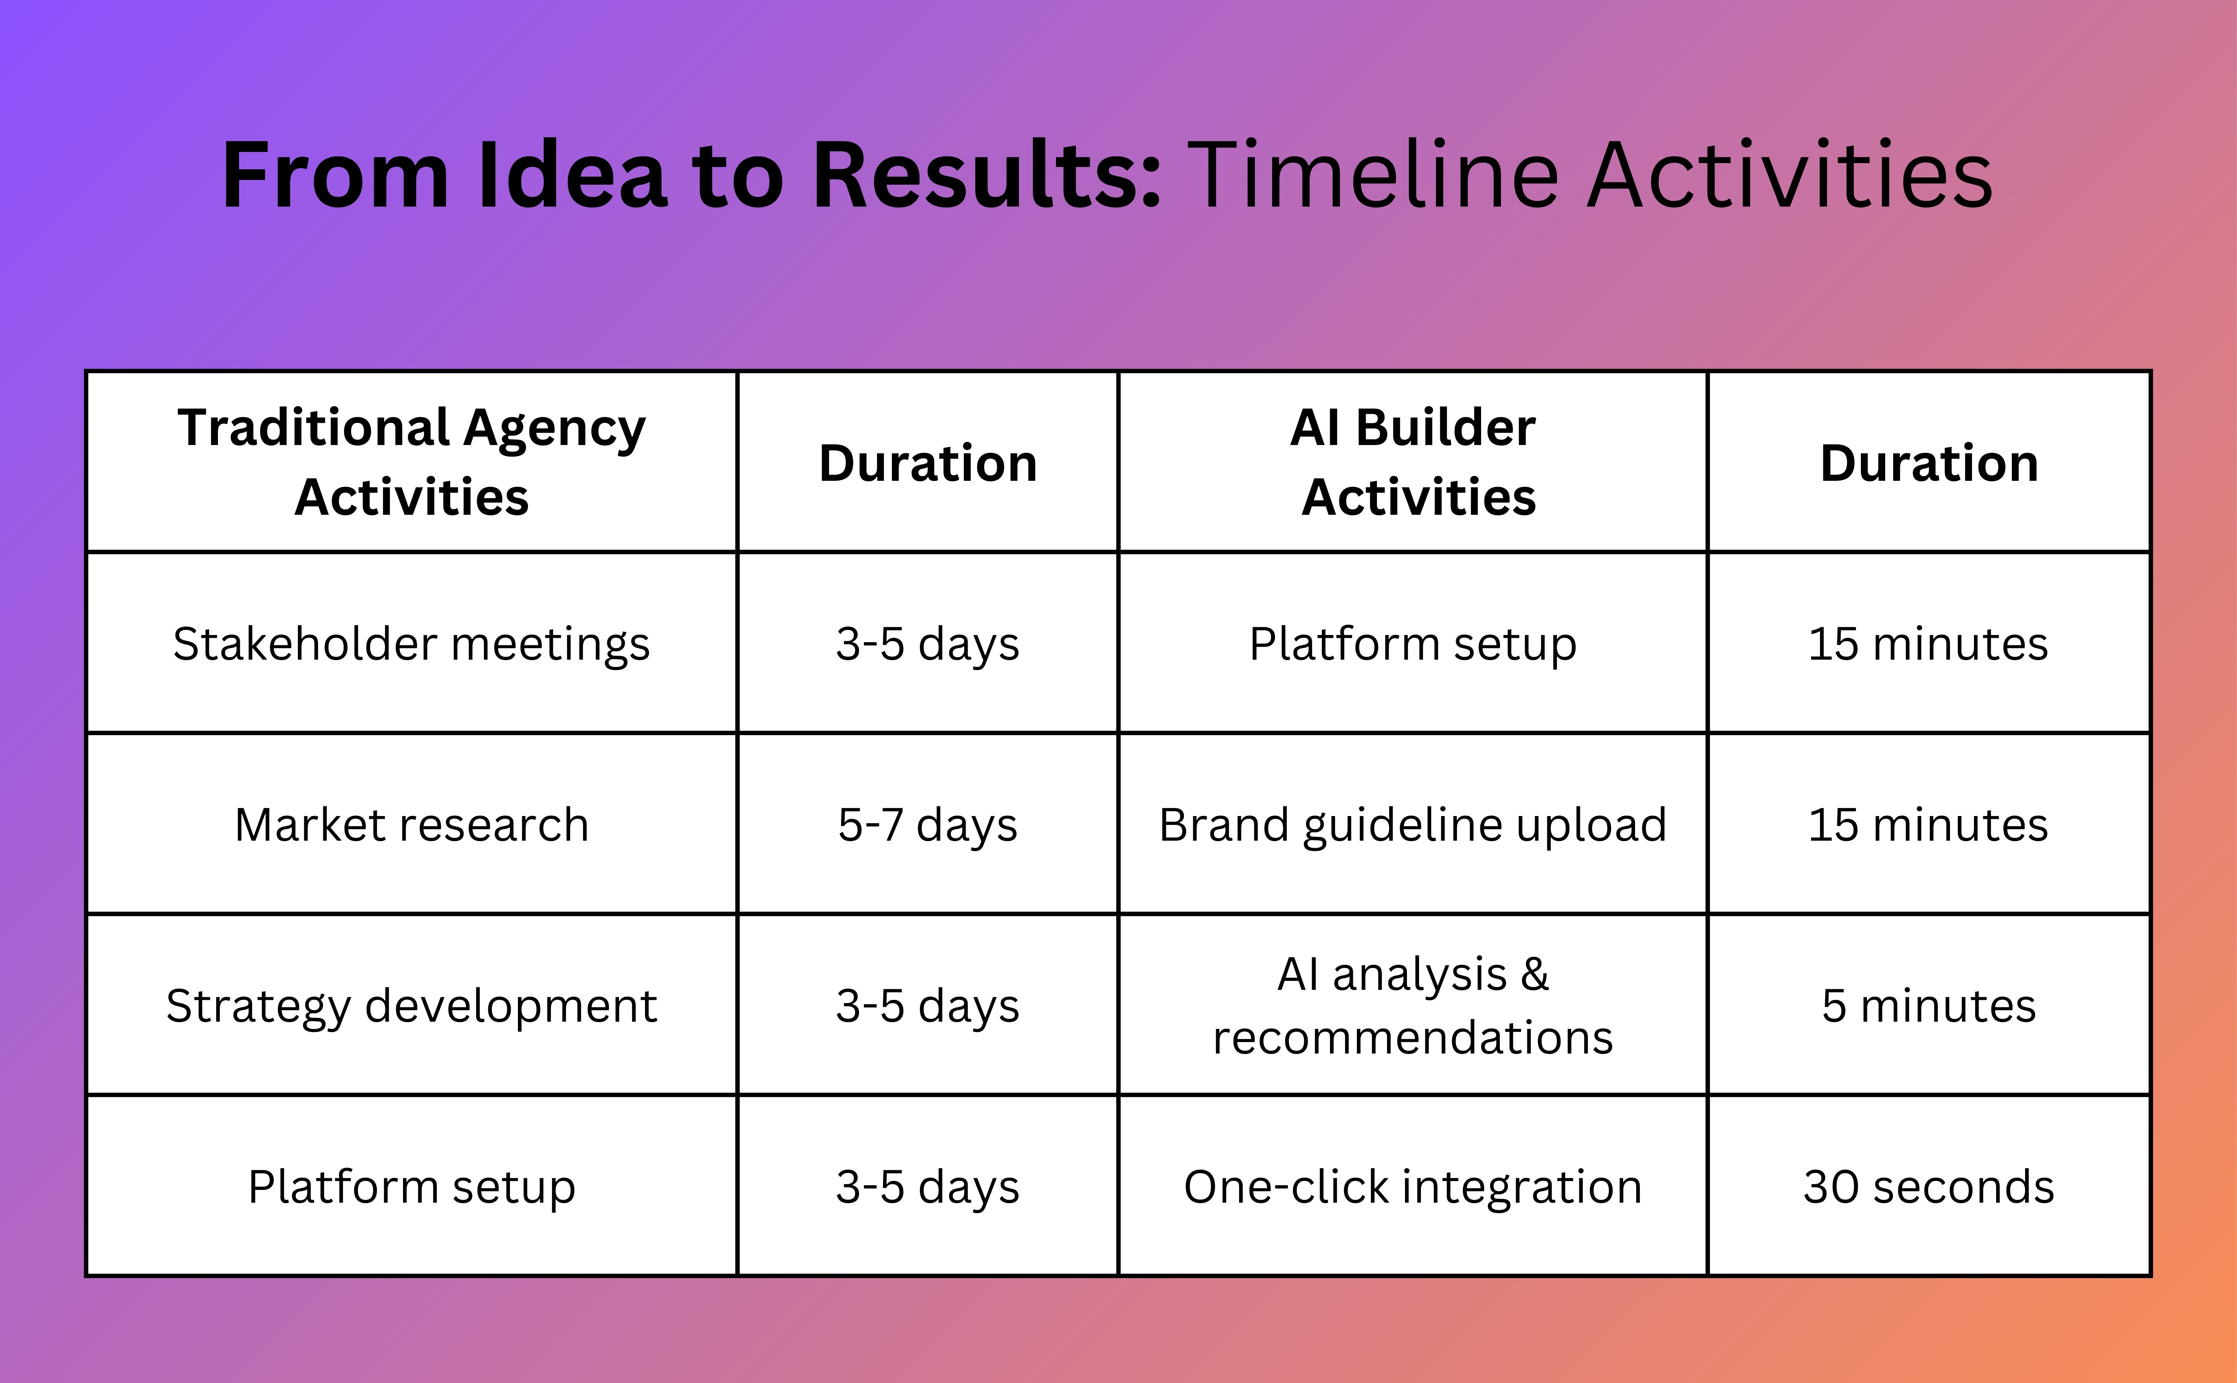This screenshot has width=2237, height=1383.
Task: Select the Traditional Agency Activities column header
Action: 412,462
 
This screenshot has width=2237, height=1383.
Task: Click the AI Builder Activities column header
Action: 1413,462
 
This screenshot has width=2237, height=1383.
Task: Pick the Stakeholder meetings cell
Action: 412,643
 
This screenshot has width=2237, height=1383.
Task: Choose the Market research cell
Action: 412,824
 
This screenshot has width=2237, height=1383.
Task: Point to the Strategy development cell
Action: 412,1005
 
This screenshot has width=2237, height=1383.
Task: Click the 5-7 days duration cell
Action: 928,824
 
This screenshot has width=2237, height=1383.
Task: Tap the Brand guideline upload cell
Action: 1413,824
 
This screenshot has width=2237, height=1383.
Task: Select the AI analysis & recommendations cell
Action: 1413,1005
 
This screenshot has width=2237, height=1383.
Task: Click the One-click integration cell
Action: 1413,1186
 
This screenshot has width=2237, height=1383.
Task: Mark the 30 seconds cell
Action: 1929,1186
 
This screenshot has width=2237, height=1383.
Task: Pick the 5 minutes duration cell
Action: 1929,1005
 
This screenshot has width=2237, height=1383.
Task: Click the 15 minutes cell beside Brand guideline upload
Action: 1929,824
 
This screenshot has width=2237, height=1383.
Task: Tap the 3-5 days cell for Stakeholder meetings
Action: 928,643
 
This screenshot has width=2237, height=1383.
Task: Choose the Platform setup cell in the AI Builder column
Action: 1413,643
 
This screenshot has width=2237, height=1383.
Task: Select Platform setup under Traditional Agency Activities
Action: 412,1186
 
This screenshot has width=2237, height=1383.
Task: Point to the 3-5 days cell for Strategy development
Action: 928,1005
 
